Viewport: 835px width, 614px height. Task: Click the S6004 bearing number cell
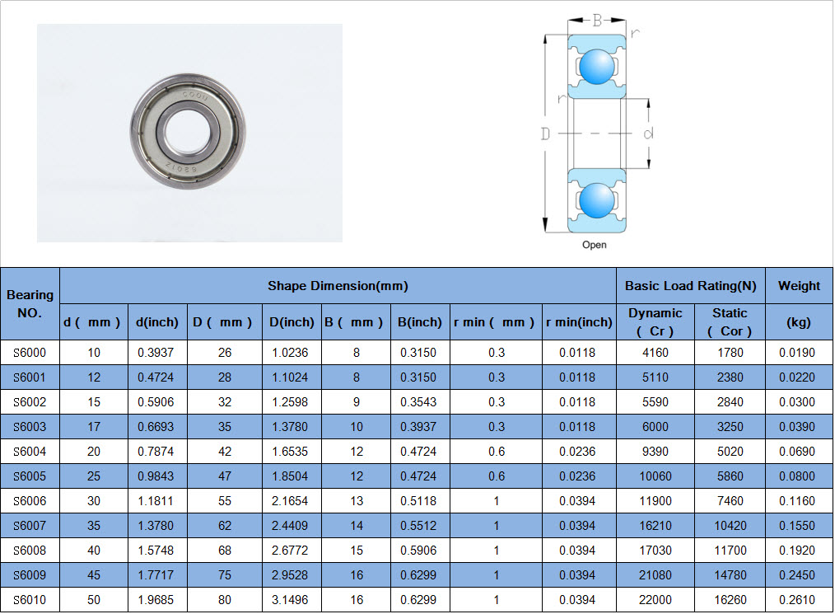pyautogui.click(x=30, y=452)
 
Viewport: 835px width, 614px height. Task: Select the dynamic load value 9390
pyautogui.click(x=655, y=452)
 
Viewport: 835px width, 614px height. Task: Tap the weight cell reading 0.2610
pyautogui.click(x=797, y=600)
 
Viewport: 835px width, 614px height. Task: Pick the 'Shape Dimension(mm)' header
pyautogui.click(x=338, y=286)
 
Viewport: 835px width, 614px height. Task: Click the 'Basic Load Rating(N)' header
pyautogui.click(x=691, y=286)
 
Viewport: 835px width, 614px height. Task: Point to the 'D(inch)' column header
pyautogui.click(x=292, y=322)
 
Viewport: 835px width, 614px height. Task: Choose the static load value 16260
pyautogui.click(x=730, y=600)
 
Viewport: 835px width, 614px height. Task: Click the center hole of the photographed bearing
pyautogui.click(x=188, y=131)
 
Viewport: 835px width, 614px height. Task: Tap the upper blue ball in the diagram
pyautogui.click(x=596, y=67)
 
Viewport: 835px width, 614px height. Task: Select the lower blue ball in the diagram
pyautogui.click(x=596, y=200)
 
